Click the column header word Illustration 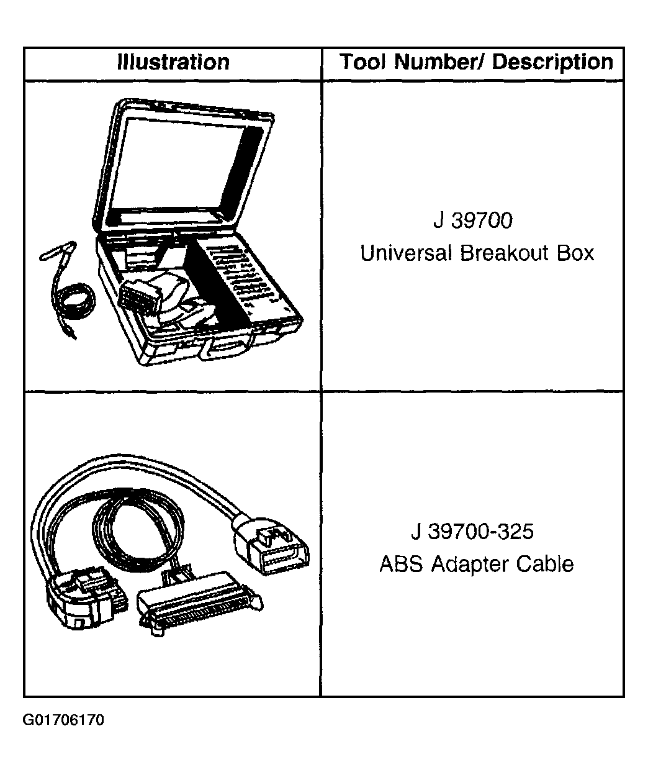[x=173, y=61]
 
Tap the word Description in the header [x=552, y=63]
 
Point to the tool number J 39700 [x=473, y=220]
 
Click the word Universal [x=406, y=253]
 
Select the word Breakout [x=504, y=253]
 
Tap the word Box [x=575, y=253]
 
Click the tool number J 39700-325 [x=472, y=532]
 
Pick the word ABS [x=401, y=564]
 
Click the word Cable [x=544, y=564]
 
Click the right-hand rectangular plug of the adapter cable [x=271, y=548]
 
